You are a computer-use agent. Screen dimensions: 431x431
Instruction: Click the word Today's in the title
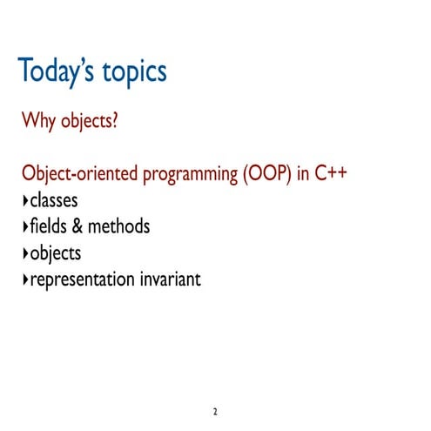[58, 71]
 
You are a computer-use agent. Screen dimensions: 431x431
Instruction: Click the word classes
[54, 200]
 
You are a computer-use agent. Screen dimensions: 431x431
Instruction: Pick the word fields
[48, 226]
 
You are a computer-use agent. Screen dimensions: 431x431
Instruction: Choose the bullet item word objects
[55, 254]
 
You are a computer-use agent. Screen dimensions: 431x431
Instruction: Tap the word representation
[81, 280]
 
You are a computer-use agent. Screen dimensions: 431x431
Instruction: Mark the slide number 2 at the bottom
[215, 410]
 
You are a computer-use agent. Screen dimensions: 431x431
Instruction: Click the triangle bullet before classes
[24, 201]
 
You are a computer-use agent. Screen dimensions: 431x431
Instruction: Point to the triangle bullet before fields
[24, 227]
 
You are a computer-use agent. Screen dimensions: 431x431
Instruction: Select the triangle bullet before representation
[24, 280]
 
